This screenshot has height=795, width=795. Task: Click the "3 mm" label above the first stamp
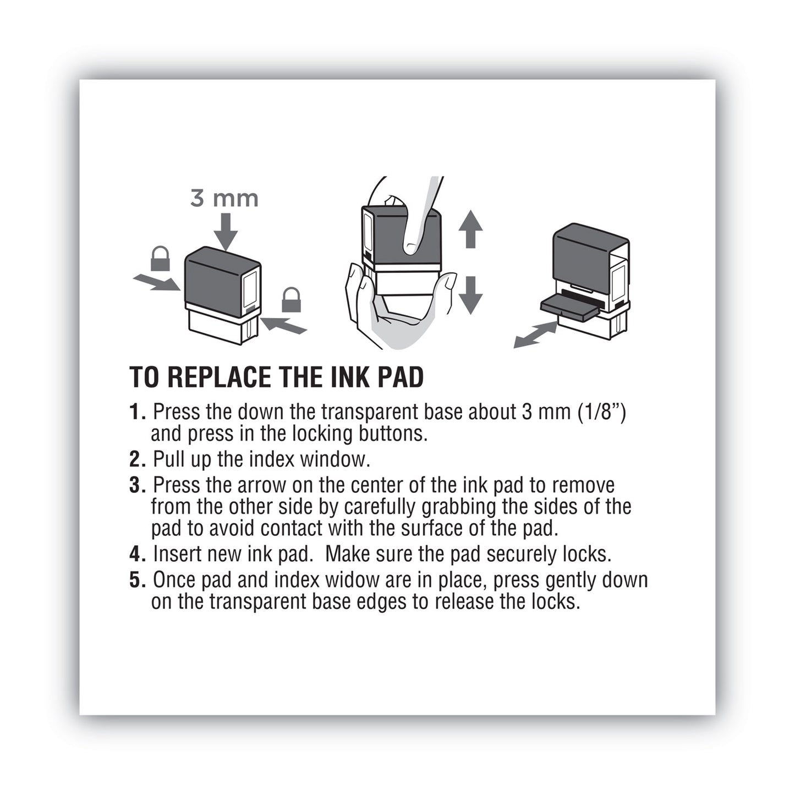(x=224, y=198)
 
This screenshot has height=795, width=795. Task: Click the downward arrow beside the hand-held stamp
(x=470, y=295)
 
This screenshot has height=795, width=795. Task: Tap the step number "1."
(x=138, y=412)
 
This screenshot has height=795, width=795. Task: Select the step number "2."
(x=138, y=459)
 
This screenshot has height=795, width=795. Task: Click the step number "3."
(x=138, y=485)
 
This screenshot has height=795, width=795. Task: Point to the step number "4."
(x=138, y=554)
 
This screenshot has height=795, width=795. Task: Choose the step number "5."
(x=138, y=580)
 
